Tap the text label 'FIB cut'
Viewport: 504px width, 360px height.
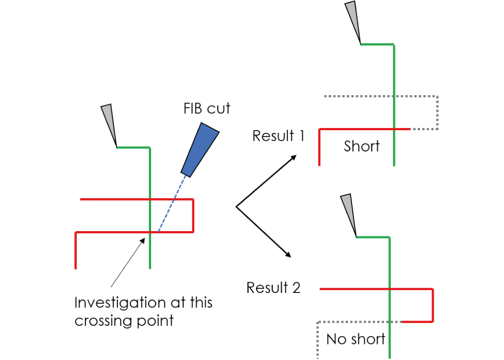pos(207,108)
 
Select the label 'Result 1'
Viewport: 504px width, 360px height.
pos(278,136)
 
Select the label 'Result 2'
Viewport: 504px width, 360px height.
pos(273,288)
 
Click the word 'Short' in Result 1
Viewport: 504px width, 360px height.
pos(362,146)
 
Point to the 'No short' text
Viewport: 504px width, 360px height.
pos(356,339)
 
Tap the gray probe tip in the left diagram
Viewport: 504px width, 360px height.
pos(109,122)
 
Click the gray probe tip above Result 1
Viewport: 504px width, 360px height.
pos(353,20)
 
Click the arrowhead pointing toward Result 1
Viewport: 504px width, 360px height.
pos(294,157)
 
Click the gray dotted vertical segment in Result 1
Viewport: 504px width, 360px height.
pos(438,112)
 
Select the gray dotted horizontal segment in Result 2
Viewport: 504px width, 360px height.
pos(356,322)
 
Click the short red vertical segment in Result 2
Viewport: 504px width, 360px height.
pos(432,305)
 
